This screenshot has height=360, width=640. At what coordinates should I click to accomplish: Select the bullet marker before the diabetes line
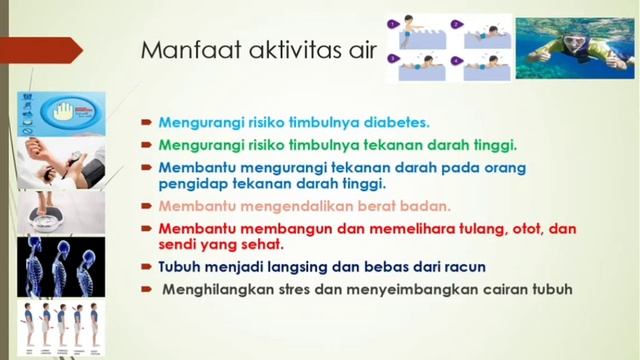click(145, 123)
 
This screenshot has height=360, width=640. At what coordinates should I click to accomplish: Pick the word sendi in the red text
click(177, 244)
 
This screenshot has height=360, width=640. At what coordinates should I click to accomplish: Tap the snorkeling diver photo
click(577, 45)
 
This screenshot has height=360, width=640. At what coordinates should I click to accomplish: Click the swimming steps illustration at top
click(449, 47)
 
